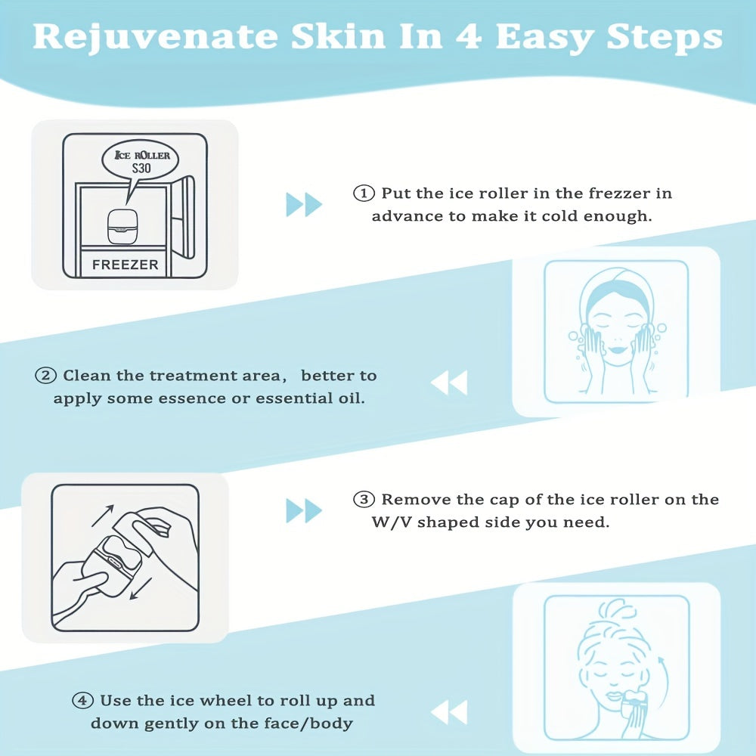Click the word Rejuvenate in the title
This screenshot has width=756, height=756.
click(155, 37)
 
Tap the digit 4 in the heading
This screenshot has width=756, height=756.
click(468, 36)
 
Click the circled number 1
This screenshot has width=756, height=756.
click(364, 194)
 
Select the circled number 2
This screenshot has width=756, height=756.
click(46, 375)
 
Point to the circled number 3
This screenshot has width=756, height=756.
click(364, 499)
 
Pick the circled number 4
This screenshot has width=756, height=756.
click(82, 700)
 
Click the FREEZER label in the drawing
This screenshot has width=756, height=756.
click(125, 265)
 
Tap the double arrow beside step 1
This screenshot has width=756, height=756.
click(304, 204)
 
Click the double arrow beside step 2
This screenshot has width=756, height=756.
click(449, 383)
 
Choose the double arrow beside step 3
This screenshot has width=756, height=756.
click(304, 510)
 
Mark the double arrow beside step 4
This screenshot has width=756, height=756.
click(449, 712)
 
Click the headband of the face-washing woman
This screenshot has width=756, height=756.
click(617, 292)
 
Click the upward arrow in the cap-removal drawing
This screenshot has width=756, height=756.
click(102, 516)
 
